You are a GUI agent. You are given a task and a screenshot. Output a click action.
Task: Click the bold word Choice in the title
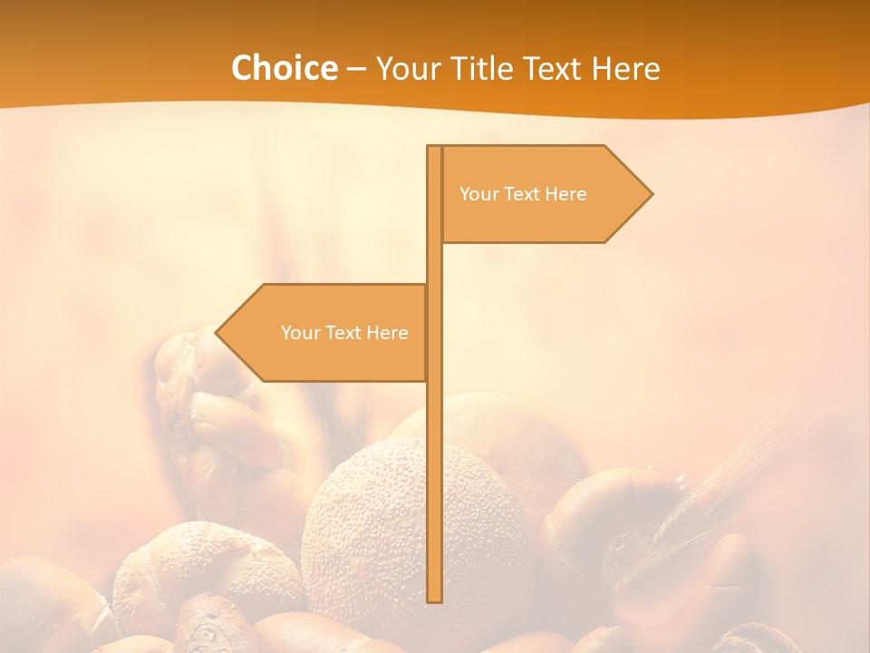[x=284, y=68]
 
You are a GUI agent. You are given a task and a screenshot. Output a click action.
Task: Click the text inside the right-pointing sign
[x=523, y=194]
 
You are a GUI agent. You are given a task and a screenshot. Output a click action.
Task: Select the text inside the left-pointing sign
[x=344, y=333]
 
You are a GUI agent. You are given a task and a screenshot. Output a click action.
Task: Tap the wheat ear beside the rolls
[x=716, y=499]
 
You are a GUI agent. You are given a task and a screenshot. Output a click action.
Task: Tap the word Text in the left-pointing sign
[x=343, y=333]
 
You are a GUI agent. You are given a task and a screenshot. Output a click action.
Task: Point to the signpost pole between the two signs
[x=434, y=263]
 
